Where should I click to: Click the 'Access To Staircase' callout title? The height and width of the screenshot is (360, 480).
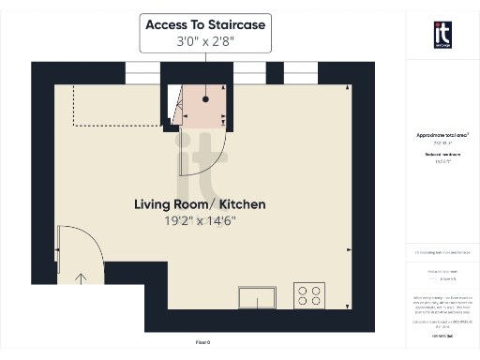(204, 24)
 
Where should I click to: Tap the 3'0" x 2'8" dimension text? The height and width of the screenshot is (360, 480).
(204, 42)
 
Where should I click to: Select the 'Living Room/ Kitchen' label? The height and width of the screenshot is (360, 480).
(200, 204)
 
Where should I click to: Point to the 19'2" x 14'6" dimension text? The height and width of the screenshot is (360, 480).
(200, 221)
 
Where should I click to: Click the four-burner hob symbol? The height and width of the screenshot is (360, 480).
(308, 295)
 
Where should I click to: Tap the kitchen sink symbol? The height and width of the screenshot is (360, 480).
(257, 297)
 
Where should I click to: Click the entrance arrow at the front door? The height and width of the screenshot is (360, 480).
(82, 278)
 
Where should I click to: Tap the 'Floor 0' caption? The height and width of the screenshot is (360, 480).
(203, 343)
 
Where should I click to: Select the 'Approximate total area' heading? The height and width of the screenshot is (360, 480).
(442, 136)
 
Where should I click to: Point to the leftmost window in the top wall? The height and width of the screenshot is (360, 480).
(143, 70)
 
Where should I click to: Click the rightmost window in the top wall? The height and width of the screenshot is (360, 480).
(300, 70)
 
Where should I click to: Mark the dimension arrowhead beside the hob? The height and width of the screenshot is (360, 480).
(348, 250)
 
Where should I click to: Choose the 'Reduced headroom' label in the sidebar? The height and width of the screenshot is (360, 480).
(442, 153)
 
